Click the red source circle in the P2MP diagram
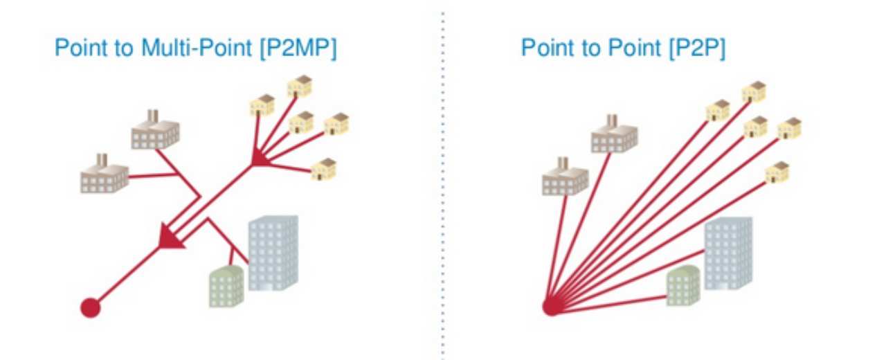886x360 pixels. point(90,307)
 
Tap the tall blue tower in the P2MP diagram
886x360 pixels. point(273,252)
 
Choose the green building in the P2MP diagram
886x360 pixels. point(226,286)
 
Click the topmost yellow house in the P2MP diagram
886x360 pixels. point(300,86)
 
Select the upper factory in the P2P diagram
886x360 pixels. point(613,134)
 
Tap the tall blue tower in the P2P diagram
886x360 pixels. point(727,253)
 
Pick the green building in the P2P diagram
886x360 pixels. point(683,286)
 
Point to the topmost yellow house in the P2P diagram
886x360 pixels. point(753,91)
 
